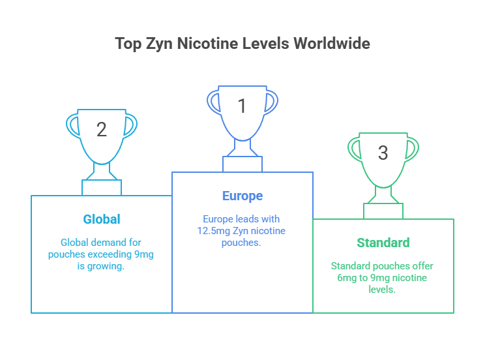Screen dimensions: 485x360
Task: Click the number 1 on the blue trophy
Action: (242, 106)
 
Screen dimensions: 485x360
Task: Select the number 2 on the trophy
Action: (102, 129)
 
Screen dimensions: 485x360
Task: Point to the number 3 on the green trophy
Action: (383, 153)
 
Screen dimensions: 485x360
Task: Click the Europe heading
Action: (242, 196)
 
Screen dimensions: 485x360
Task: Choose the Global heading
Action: (102, 219)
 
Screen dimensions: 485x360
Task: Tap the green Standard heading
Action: (383, 243)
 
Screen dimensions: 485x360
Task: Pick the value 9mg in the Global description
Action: (144, 254)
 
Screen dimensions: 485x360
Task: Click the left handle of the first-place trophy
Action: (213, 102)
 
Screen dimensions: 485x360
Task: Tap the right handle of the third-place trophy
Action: (412, 149)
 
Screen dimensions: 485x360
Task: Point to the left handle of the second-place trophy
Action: (73, 126)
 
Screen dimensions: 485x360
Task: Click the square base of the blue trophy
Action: (242, 164)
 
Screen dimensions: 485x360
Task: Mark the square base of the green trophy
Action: (383, 211)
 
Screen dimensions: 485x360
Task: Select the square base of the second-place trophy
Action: (102, 188)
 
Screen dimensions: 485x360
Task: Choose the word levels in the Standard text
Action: (382, 290)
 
